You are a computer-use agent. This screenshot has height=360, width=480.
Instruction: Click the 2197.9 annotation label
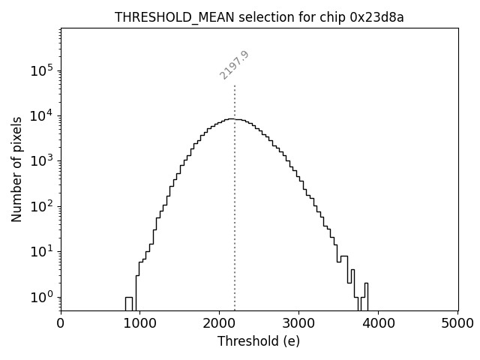(235, 65)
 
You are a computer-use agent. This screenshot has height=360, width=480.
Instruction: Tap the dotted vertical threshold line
(235, 225)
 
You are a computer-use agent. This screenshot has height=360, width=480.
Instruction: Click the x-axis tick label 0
(61, 324)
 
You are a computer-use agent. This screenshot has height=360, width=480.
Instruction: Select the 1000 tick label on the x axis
(140, 324)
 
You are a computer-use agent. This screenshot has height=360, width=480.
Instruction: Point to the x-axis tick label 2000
(220, 324)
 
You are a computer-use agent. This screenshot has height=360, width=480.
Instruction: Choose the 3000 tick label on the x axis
(299, 324)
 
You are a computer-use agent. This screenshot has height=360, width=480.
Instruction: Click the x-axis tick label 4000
(379, 324)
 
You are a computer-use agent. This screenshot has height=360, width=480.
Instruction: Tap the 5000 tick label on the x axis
(457, 324)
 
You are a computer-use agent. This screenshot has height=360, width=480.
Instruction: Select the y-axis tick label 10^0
(42, 297)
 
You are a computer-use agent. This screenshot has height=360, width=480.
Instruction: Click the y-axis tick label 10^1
(42, 251)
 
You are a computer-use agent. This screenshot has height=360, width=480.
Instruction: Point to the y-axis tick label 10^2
(42, 206)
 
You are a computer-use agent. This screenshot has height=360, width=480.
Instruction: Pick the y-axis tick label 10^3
(42, 160)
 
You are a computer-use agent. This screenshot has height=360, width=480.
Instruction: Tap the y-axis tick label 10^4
(42, 115)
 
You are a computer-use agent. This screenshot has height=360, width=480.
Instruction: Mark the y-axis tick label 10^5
(42, 70)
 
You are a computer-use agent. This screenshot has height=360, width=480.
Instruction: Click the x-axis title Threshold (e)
(259, 341)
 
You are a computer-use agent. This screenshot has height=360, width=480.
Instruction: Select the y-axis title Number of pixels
(16, 169)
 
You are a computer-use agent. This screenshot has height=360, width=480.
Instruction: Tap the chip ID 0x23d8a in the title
(377, 18)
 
